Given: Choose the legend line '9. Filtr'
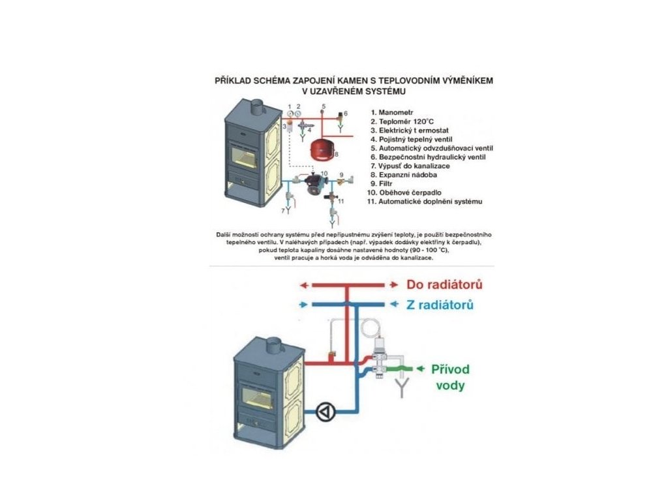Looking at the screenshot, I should coord(386,184).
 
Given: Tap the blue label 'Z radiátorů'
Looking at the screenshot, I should coord(440,305).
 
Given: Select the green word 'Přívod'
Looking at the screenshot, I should coord(450,369).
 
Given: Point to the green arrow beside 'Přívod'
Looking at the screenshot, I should coord(416,369).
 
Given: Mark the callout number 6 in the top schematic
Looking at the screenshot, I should coord(346,113).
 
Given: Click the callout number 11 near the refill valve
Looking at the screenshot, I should coord(341,202).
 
